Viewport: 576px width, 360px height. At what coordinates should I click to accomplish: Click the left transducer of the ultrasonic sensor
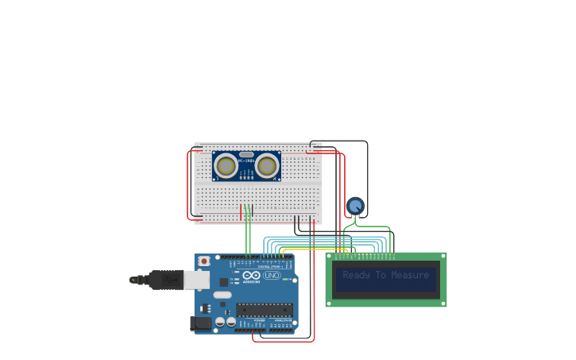click(x=226, y=166)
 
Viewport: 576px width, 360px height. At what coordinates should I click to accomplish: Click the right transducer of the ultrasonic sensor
click(x=267, y=166)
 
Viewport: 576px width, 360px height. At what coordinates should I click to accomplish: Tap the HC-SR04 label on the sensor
click(x=246, y=161)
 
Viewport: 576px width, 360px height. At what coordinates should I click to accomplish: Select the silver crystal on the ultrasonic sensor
click(x=246, y=154)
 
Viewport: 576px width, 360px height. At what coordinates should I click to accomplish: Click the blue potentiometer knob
click(x=355, y=206)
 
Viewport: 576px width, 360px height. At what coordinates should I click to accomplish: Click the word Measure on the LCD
click(x=410, y=275)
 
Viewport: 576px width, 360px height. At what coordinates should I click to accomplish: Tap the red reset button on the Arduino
click(x=204, y=261)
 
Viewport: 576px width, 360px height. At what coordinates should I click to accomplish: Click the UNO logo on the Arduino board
click(x=272, y=275)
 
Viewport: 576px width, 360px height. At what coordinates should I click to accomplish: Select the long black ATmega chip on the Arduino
click(x=264, y=309)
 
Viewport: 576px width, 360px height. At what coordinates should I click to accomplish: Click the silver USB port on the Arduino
click(x=196, y=280)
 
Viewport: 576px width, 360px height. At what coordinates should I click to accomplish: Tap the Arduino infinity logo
click(x=251, y=275)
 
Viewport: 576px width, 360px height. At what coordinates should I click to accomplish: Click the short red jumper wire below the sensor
click(x=241, y=212)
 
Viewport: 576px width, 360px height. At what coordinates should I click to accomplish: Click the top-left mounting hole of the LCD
click(x=330, y=257)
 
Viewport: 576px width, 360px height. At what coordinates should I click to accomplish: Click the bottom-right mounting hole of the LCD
click(x=443, y=303)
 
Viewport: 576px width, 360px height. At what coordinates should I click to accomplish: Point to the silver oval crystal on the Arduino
click(x=222, y=295)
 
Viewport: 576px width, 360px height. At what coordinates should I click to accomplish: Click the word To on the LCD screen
click(x=381, y=275)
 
